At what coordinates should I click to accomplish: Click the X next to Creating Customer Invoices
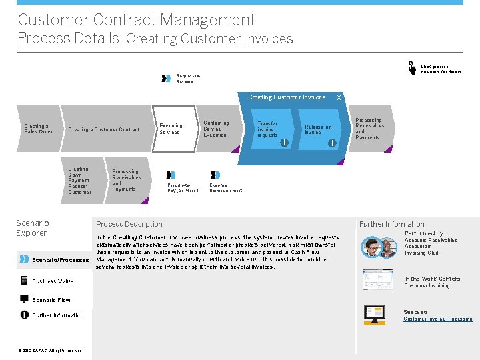pos(339,98)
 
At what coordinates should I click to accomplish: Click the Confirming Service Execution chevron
pos(216,129)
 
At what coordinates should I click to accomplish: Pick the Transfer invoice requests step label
pos(267,129)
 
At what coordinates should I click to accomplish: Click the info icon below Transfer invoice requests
pos(284,143)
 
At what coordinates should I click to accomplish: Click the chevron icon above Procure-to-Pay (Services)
pos(171,175)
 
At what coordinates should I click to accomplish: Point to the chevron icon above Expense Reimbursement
pos(215,175)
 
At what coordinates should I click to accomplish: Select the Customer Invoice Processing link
pos(437,319)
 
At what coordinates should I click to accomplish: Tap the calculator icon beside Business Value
pos(24,281)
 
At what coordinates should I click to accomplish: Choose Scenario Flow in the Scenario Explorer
pos(51,300)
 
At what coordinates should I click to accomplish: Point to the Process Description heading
pos(129,224)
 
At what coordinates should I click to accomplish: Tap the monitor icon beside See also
pos(374,313)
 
